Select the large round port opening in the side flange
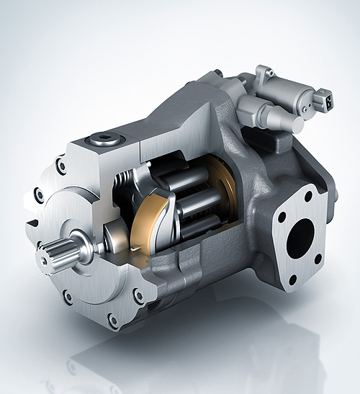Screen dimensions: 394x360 pos(300,237)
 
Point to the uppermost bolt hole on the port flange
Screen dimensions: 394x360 pos(308,196)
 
